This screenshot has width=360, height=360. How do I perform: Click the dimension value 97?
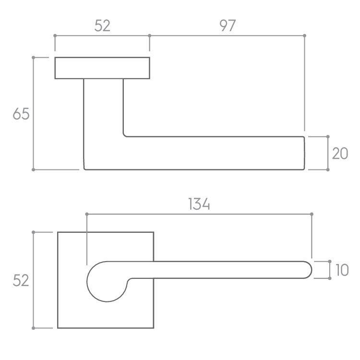[228, 25]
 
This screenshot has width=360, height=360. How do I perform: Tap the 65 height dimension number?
[21, 114]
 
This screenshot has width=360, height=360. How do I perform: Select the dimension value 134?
[199, 204]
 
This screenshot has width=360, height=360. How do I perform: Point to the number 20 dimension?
[340, 154]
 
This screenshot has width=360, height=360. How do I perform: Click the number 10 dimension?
[342, 270]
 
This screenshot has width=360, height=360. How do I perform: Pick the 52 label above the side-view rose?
[102, 25]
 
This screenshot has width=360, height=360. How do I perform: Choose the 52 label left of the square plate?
[21, 280]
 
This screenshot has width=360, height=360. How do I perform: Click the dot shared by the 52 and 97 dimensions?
[149, 36]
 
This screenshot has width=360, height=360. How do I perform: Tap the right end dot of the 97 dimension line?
[305, 36]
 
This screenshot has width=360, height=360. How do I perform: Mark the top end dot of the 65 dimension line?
[33, 58]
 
